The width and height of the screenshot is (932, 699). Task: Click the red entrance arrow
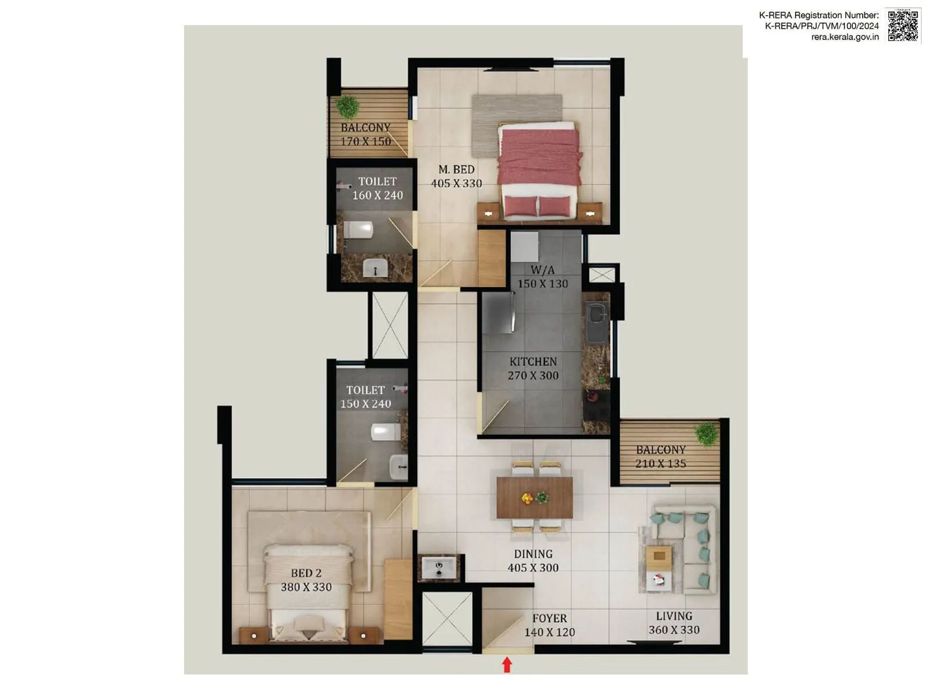[x=507, y=665]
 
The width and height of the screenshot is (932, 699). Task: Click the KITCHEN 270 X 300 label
[x=533, y=369]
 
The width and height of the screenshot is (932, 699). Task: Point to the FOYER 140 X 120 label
[x=549, y=625]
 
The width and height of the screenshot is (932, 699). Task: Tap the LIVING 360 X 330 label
[x=674, y=623]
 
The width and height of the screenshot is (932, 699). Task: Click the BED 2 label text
[x=306, y=573]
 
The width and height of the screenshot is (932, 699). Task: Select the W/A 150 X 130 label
[x=542, y=277]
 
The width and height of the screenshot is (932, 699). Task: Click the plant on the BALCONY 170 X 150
[x=348, y=107]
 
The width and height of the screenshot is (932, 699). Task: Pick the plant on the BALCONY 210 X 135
[x=707, y=434]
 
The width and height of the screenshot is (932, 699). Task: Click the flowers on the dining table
[x=534, y=498]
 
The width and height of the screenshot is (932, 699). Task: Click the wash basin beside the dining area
[x=439, y=567]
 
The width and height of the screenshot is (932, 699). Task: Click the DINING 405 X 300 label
[x=533, y=561]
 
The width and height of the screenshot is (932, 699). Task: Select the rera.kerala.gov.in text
[x=845, y=37]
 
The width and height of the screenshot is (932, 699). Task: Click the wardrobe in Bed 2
[x=398, y=600]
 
